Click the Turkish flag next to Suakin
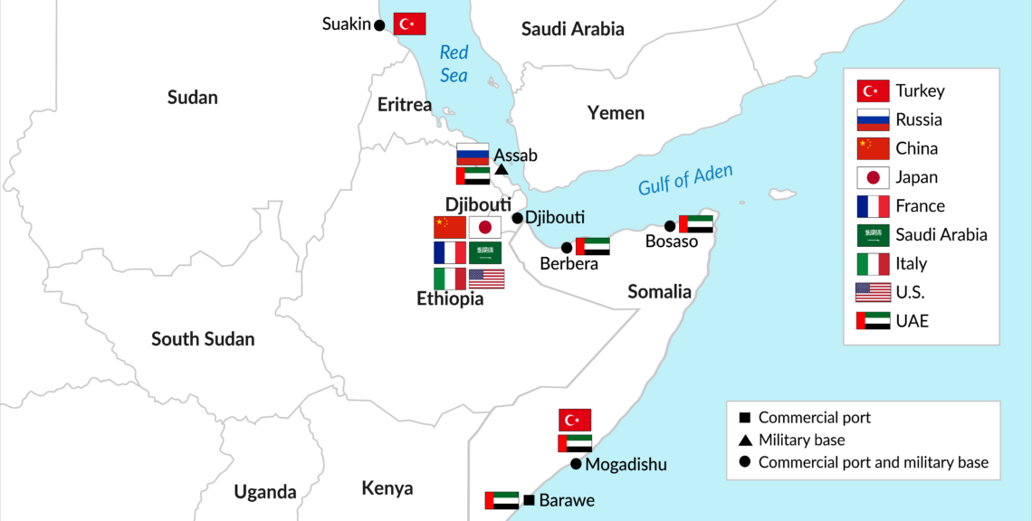tap(409, 24)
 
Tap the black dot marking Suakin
tap(379, 24)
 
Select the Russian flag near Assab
tap(473, 153)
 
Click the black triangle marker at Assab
tap(502, 170)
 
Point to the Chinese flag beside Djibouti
tap(449, 228)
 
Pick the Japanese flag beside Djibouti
tap(485, 228)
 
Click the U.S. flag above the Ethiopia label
tap(486, 279)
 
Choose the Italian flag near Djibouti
tap(449, 279)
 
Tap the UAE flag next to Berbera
tap(593, 246)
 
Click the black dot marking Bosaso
tap(670, 225)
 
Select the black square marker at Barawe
tap(529, 500)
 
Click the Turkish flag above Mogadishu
tap(575, 420)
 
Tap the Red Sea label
tap(454, 64)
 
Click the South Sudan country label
tap(203, 339)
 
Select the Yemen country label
tap(616, 113)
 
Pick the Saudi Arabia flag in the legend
tap(873, 235)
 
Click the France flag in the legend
tap(873, 206)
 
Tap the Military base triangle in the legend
tap(744, 440)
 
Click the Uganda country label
tap(265, 492)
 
